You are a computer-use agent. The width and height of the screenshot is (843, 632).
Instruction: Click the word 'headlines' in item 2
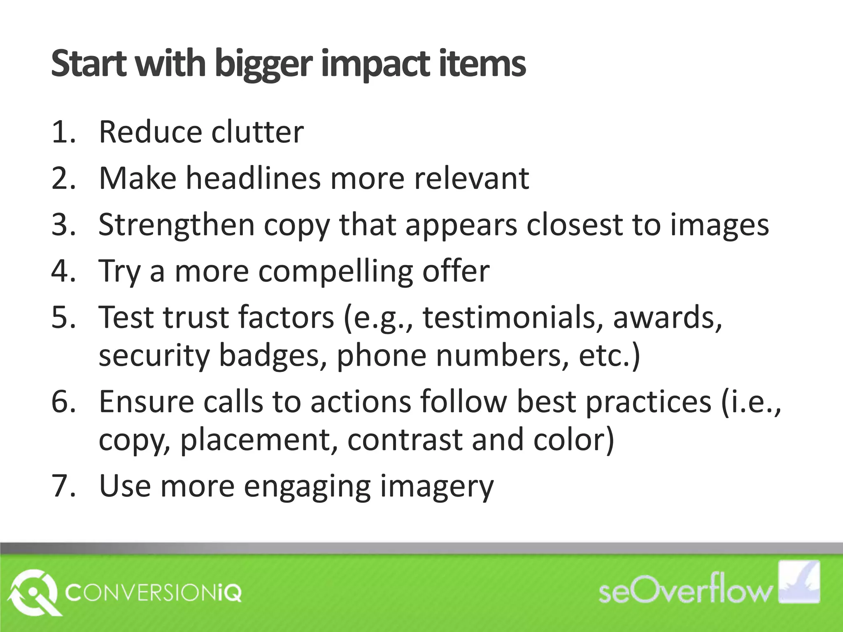click(253, 179)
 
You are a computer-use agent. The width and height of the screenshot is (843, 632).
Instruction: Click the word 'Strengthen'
click(177, 225)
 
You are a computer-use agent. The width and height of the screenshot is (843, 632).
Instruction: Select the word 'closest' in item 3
click(574, 225)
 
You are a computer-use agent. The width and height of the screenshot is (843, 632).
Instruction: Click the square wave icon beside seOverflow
click(797, 582)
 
